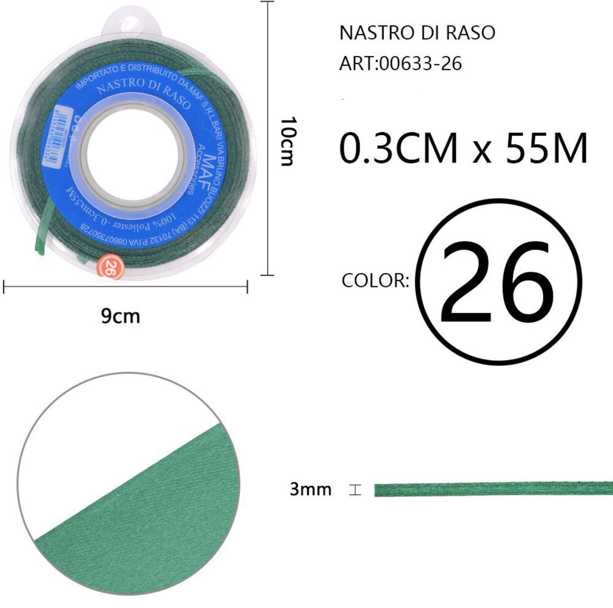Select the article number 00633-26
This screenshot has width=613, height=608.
pyautogui.click(x=420, y=64)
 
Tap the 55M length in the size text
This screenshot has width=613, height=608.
pyautogui.click(x=546, y=148)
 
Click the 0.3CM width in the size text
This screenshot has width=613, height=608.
pyautogui.click(x=398, y=148)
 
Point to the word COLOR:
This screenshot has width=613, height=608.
pyautogui.click(x=375, y=280)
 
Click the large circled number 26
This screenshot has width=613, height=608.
pyautogui.click(x=497, y=282)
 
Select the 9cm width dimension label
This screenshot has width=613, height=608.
pyautogui.click(x=120, y=317)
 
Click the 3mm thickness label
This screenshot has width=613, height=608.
pyautogui.click(x=310, y=489)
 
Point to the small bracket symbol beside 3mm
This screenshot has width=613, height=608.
pyautogui.click(x=355, y=490)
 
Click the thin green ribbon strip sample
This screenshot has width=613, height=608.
pyautogui.click(x=492, y=489)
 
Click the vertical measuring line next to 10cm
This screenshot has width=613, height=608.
pyautogui.click(x=267, y=138)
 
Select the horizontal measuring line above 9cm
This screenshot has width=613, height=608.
pyautogui.click(x=125, y=287)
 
